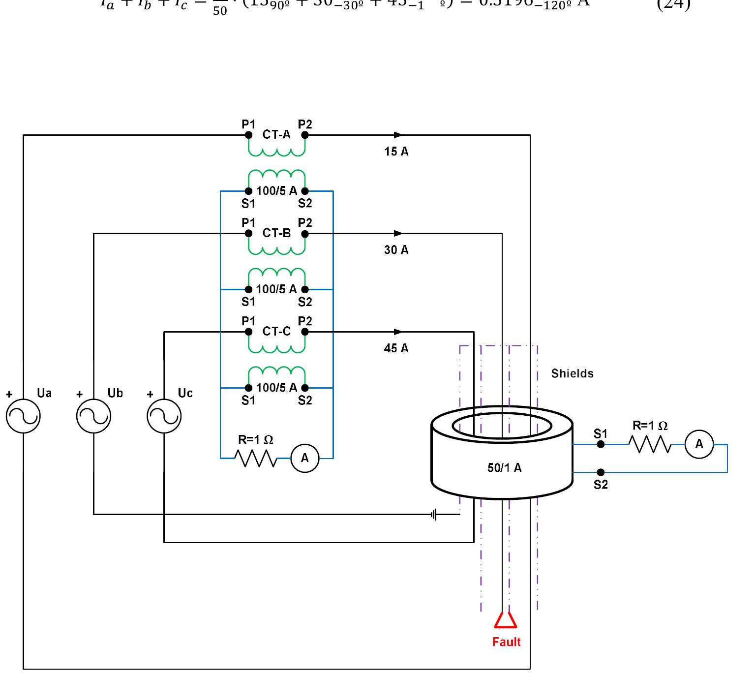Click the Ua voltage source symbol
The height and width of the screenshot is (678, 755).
[23, 416]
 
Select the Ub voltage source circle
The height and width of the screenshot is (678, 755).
[93, 416]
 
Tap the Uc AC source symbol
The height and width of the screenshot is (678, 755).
[164, 416]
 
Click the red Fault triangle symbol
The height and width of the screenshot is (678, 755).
[506, 620]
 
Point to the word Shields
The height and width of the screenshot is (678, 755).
[572, 373]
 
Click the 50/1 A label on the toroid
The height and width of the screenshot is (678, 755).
[504, 468]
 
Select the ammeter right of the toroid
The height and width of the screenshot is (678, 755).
[699, 444]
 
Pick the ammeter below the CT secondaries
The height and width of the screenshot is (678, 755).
[305, 458]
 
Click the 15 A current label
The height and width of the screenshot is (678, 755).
[396, 152]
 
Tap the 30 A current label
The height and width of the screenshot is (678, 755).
[396, 250]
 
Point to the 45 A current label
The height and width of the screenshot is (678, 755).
[396, 348]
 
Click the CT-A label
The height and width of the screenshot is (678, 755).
[276, 135]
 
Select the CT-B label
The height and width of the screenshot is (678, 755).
[276, 233]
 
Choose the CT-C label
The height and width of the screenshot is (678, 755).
[276, 332]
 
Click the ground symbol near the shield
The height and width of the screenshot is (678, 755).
[433, 515]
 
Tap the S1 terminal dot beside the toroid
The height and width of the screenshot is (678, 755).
[601, 444]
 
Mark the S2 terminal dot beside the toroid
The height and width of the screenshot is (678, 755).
[601, 472]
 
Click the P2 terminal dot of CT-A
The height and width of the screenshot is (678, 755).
[305, 135]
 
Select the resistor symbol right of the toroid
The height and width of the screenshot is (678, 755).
[650, 445]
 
